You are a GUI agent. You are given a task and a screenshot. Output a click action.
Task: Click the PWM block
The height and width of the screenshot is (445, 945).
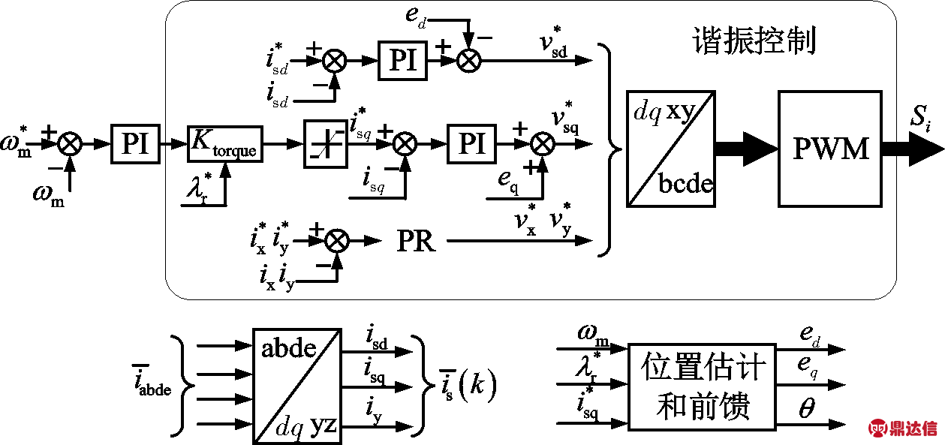click(x=829, y=148)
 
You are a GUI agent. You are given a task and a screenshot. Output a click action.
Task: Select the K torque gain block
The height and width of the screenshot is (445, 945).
click(x=224, y=143)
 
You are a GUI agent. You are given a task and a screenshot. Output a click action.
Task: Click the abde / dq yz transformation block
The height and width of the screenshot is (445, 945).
click(x=296, y=385)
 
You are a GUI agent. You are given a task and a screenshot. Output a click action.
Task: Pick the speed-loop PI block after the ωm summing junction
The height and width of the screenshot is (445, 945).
click(x=135, y=143)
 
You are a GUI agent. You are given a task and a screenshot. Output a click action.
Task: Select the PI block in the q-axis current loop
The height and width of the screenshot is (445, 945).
click(x=471, y=143)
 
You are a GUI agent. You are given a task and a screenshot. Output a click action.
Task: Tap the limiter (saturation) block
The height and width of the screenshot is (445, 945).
click(x=325, y=143)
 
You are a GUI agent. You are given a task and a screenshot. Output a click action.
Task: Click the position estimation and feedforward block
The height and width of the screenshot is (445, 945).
click(x=703, y=386)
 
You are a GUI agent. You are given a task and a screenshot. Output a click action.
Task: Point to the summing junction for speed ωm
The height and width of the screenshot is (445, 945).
click(x=70, y=143)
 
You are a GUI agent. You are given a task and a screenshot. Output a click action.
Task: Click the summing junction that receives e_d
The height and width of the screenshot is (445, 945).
click(x=468, y=62)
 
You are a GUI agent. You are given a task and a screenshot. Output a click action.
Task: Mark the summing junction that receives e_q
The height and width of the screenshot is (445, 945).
click(x=541, y=143)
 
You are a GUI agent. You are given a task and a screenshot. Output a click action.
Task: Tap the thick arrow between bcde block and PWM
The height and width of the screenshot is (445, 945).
click(x=745, y=148)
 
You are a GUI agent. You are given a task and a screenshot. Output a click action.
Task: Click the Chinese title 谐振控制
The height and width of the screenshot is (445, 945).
click(x=755, y=41)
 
